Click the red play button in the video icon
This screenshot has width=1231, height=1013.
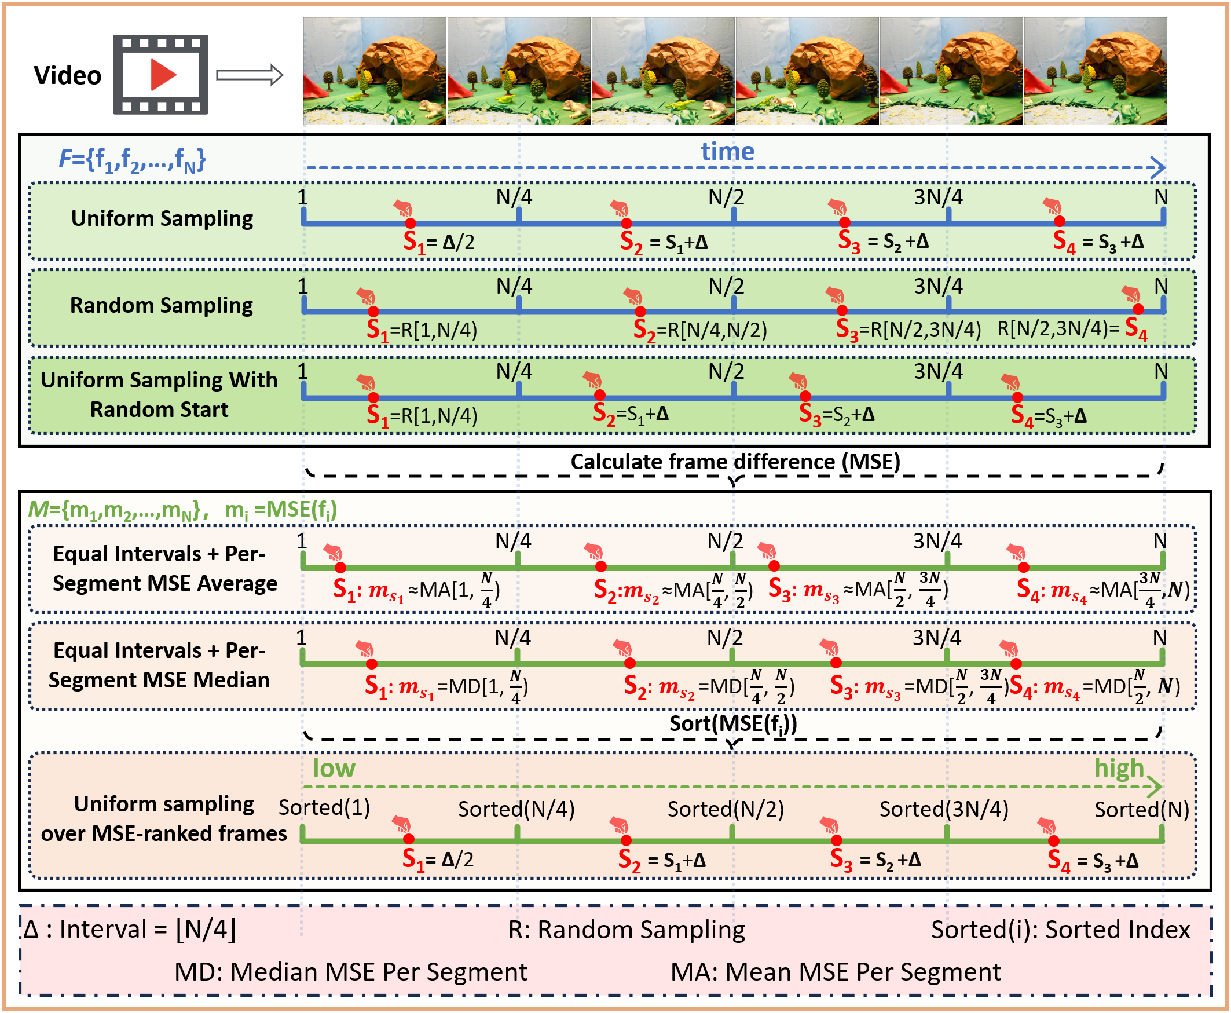(x=163, y=75)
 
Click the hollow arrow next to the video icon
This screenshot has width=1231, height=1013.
(x=250, y=75)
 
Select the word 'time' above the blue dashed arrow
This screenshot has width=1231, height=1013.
(x=727, y=152)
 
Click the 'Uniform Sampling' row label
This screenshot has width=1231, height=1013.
(x=162, y=218)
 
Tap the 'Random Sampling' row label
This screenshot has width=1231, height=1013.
(x=162, y=305)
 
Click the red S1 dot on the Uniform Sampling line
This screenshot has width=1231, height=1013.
(x=411, y=223)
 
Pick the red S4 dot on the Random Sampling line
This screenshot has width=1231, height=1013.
(x=1138, y=309)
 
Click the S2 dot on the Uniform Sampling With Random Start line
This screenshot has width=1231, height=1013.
(x=600, y=396)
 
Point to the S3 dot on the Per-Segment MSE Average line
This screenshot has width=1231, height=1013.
(x=774, y=565)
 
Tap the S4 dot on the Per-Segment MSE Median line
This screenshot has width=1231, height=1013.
(x=1016, y=664)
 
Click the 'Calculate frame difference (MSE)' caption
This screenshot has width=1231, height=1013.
(x=735, y=462)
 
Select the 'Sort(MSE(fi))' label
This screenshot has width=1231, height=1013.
(x=733, y=723)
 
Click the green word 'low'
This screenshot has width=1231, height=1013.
(x=334, y=768)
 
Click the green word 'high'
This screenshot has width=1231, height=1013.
(x=1119, y=768)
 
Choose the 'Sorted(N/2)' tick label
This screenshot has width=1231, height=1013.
(x=725, y=809)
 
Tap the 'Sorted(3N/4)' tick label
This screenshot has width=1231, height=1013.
(x=943, y=809)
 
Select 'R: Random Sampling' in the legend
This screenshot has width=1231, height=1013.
(x=627, y=930)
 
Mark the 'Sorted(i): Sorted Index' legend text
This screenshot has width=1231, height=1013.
(x=1060, y=930)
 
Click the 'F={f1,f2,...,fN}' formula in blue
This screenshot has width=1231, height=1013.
(x=133, y=159)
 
